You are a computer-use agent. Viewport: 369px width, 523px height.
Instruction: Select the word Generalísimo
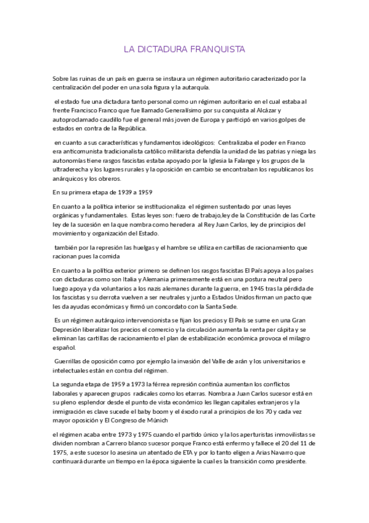click(190, 110)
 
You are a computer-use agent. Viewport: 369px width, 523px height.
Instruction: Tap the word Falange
click(245, 160)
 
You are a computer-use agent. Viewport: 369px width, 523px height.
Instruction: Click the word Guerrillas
click(73, 361)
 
